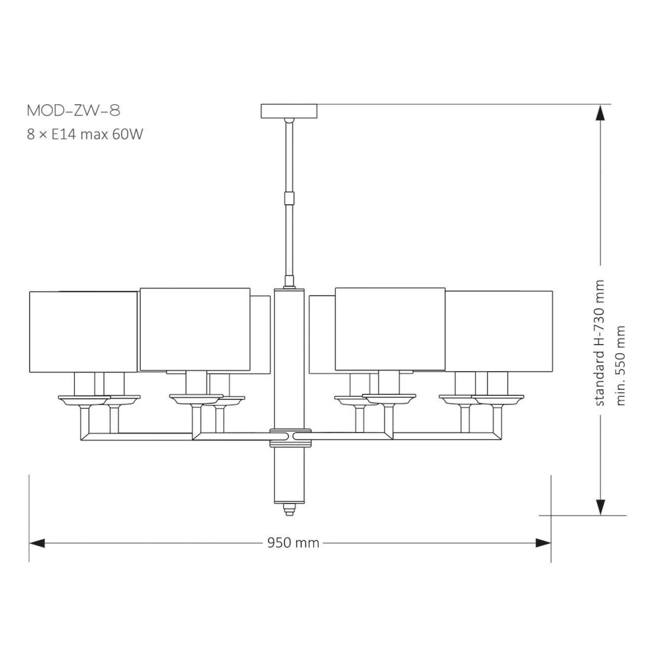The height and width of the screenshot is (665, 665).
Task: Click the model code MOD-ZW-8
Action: [x=74, y=110]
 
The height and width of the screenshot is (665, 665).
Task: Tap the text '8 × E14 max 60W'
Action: [x=85, y=134]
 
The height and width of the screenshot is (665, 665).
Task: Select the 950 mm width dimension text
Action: [x=293, y=543]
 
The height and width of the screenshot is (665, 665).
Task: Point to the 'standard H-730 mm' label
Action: [x=600, y=343]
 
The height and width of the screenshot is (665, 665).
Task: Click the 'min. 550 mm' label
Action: [x=620, y=365]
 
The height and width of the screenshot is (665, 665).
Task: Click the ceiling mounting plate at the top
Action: [x=289, y=111]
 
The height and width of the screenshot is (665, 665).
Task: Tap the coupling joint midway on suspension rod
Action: [x=289, y=198]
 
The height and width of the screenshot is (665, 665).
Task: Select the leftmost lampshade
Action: [x=83, y=332]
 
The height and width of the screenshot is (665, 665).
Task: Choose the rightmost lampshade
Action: [x=499, y=331]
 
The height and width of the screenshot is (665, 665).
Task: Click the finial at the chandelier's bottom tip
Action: [x=289, y=509]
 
